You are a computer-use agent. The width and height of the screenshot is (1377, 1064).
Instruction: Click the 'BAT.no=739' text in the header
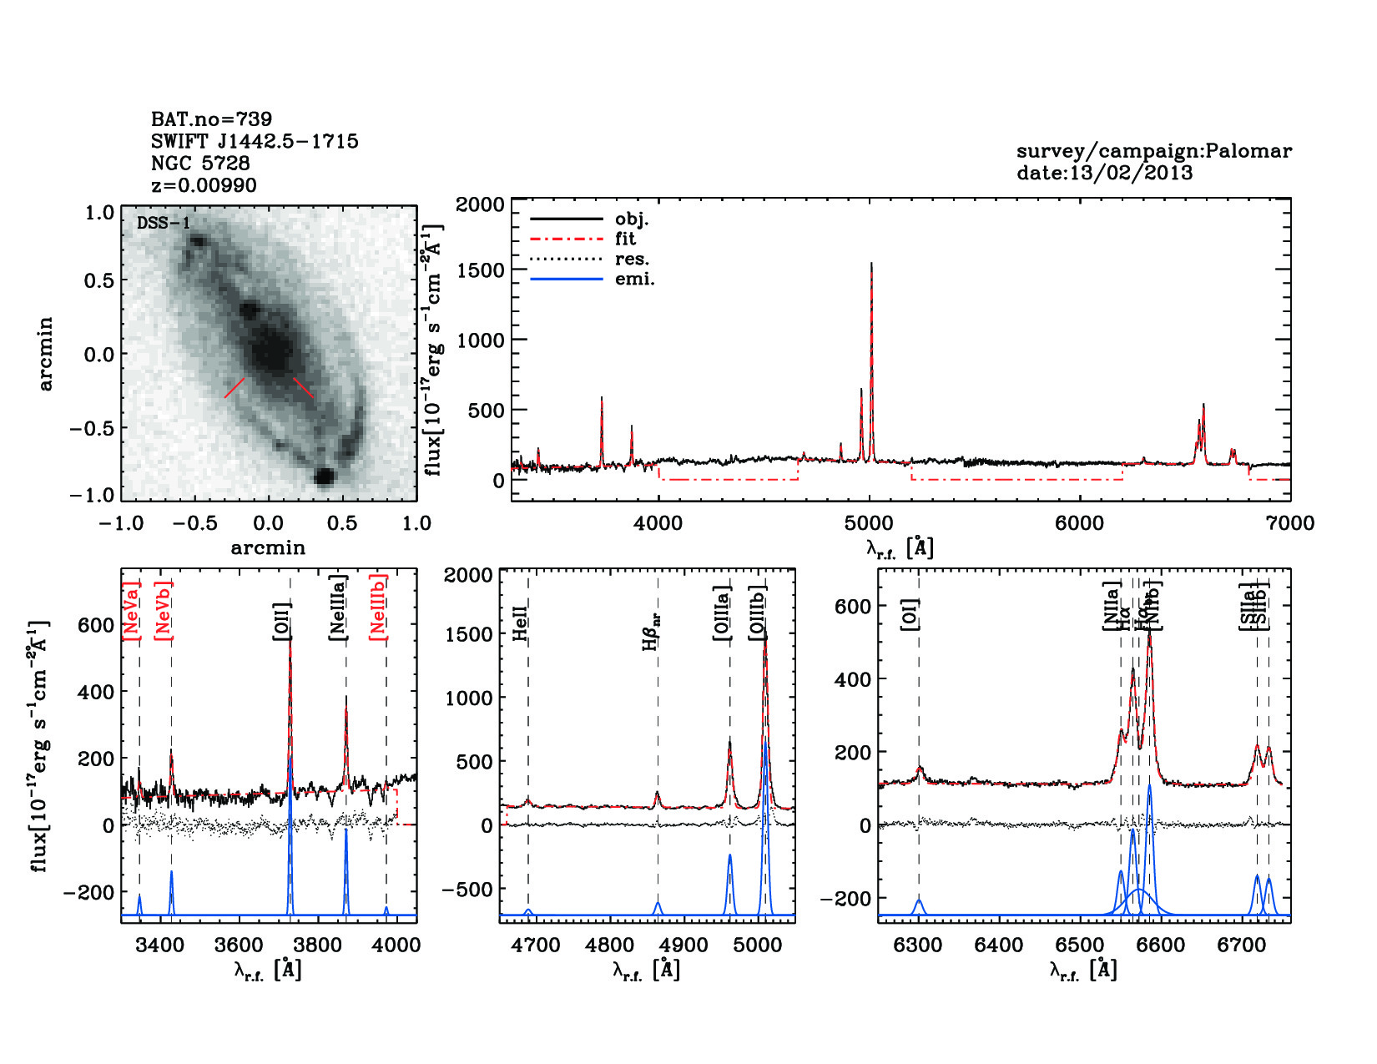point(211,119)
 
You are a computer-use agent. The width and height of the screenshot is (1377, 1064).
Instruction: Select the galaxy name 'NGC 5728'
point(200,164)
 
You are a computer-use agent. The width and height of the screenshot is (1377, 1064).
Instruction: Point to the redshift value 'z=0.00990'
point(204,185)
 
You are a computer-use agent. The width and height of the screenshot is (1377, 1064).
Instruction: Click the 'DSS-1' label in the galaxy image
point(164,224)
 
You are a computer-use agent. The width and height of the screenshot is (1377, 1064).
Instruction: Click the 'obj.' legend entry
point(632,219)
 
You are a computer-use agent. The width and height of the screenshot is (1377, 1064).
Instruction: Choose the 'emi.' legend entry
point(634,280)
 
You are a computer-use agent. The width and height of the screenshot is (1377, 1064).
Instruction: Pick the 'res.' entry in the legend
point(632,260)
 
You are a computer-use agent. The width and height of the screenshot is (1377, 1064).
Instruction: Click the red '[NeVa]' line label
point(131,611)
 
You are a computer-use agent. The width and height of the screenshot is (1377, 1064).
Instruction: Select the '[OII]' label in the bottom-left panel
point(282,622)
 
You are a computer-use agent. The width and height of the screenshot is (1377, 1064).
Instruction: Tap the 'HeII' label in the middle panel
point(520,623)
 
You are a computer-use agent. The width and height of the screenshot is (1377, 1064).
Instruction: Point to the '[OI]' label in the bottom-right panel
point(910,614)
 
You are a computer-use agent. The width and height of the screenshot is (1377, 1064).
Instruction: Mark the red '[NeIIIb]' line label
point(379,607)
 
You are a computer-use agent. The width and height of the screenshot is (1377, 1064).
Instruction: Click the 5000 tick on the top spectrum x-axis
point(869,523)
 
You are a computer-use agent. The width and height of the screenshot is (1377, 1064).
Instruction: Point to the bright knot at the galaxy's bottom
point(324,477)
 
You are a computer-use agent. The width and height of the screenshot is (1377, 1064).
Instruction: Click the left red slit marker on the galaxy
point(235,387)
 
